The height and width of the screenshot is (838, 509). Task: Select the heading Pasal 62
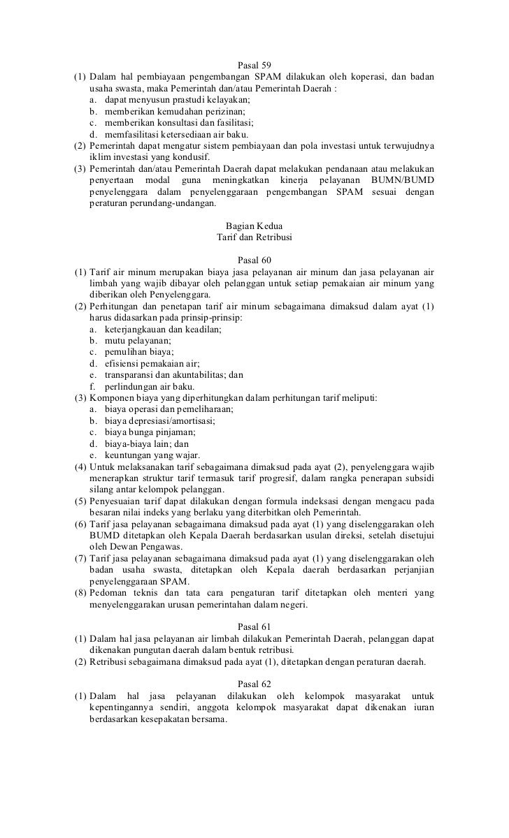click(254, 684)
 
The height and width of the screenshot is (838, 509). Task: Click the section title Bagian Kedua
click(254, 226)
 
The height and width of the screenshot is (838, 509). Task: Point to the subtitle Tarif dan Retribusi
click(254, 238)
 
